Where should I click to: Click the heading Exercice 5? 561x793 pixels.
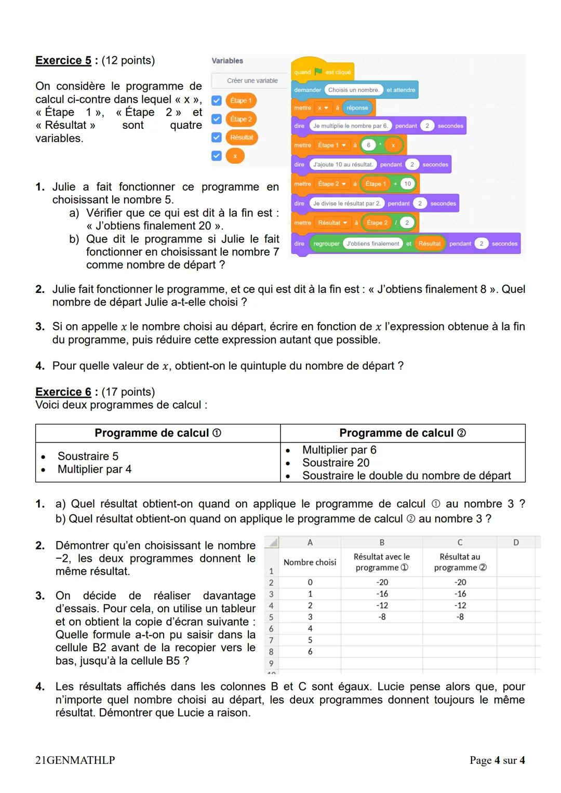click(x=63, y=60)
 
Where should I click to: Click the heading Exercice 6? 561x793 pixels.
click(x=63, y=392)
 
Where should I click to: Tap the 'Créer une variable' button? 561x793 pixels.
click(x=252, y=80)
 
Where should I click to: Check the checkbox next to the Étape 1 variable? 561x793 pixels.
click(x=217, y=101)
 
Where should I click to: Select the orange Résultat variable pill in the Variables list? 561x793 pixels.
click(x=242, y=138)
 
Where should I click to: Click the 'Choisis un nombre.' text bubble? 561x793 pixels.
click(x=354, y=90)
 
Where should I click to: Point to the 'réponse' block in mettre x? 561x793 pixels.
click(x=357, y=108)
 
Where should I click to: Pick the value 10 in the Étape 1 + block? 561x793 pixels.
click(x=408, y=184)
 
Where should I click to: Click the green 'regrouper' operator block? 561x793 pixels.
click(x=327, y=244)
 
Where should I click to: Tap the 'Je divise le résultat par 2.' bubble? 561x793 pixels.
click(x=347, y=204)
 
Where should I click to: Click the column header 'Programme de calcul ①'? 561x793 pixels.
click(x=158, y=433)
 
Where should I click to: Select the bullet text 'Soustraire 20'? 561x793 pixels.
click(x=336, y=463)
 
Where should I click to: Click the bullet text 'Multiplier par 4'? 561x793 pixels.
click(x=95, y=469)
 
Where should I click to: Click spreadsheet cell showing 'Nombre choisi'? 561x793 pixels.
click(x=310, y=562)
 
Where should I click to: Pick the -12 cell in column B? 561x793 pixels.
click(x=382, y=606)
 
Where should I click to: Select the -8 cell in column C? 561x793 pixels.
click(x=460, y=617)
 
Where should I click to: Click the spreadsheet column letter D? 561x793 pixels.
click(x=516, y=542)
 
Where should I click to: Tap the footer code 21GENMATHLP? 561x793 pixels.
click(x=75, y=760)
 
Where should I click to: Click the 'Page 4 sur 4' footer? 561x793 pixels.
click(x=497, y=760)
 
